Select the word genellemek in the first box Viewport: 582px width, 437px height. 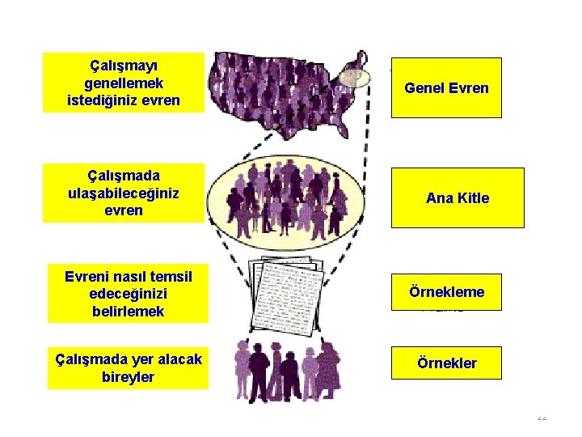tap(124, 83)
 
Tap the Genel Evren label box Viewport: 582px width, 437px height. tap(446, 87)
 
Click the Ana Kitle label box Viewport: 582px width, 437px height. tap(458, 198)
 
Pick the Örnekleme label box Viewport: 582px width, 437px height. tap(446, 291)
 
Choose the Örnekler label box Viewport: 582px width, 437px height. tap(446, 363)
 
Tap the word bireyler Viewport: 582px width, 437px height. tap(127, 377)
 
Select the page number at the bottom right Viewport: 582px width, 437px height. tap(541, 418)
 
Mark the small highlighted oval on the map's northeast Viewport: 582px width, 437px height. tap(352, 78)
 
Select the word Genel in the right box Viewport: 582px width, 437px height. tap(424, 87)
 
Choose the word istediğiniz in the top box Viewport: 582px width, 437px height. tap(102, 101)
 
